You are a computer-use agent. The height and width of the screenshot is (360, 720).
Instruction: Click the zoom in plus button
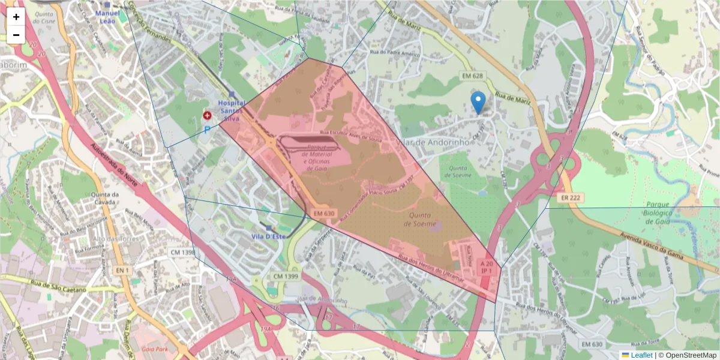pos(16,17)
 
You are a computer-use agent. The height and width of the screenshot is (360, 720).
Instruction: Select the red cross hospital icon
pos(207,115)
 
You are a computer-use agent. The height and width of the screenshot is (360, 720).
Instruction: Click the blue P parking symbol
pos(208,129)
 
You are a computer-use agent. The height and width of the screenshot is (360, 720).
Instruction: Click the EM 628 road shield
pos(473,76)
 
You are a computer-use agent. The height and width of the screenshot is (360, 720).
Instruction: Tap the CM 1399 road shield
pos(286,276)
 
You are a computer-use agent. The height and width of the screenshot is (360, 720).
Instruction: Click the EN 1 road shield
pos(123,271)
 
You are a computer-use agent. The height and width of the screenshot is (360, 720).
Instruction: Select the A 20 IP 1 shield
pos(487,267)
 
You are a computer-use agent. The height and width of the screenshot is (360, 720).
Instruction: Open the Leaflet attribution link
pos(641,355)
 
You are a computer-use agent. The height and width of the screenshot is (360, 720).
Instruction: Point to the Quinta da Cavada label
pos(105,199)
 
